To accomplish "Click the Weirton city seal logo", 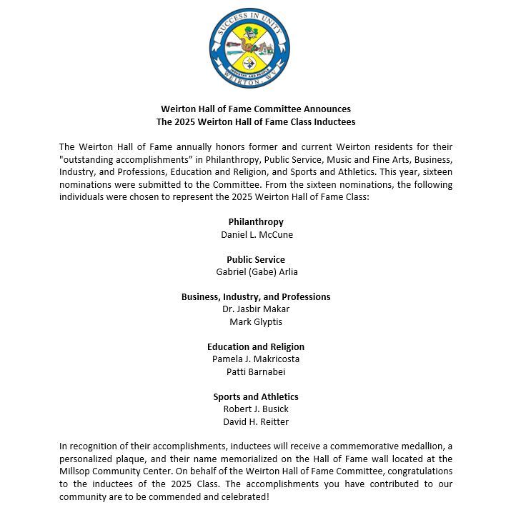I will click(x=249, y=48).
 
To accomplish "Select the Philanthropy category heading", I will click(x=256, y=222).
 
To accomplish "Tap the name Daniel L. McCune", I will click(x=256, y=234).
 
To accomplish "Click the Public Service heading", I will click(x=256, y=259).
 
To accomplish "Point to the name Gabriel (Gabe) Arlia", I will click(x=256, y=272).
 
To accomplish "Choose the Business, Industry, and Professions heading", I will click(x=256, y=296).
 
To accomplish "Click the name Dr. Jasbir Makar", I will click(x=256, y=309).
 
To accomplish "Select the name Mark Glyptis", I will click(x=256, y=322).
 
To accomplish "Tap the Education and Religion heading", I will click(x=256, y=346).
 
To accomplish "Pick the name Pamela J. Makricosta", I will click(x=256, y=359).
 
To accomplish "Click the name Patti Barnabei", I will click(x=256, y=372).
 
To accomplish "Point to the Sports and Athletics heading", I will click(x=256, y=396).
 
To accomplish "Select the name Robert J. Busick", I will click(x=256, y=409).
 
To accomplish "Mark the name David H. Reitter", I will click(x=256, y=422).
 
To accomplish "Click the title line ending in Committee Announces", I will click(x=256, y=109).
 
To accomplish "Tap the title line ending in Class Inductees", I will click(x=256, y=122).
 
